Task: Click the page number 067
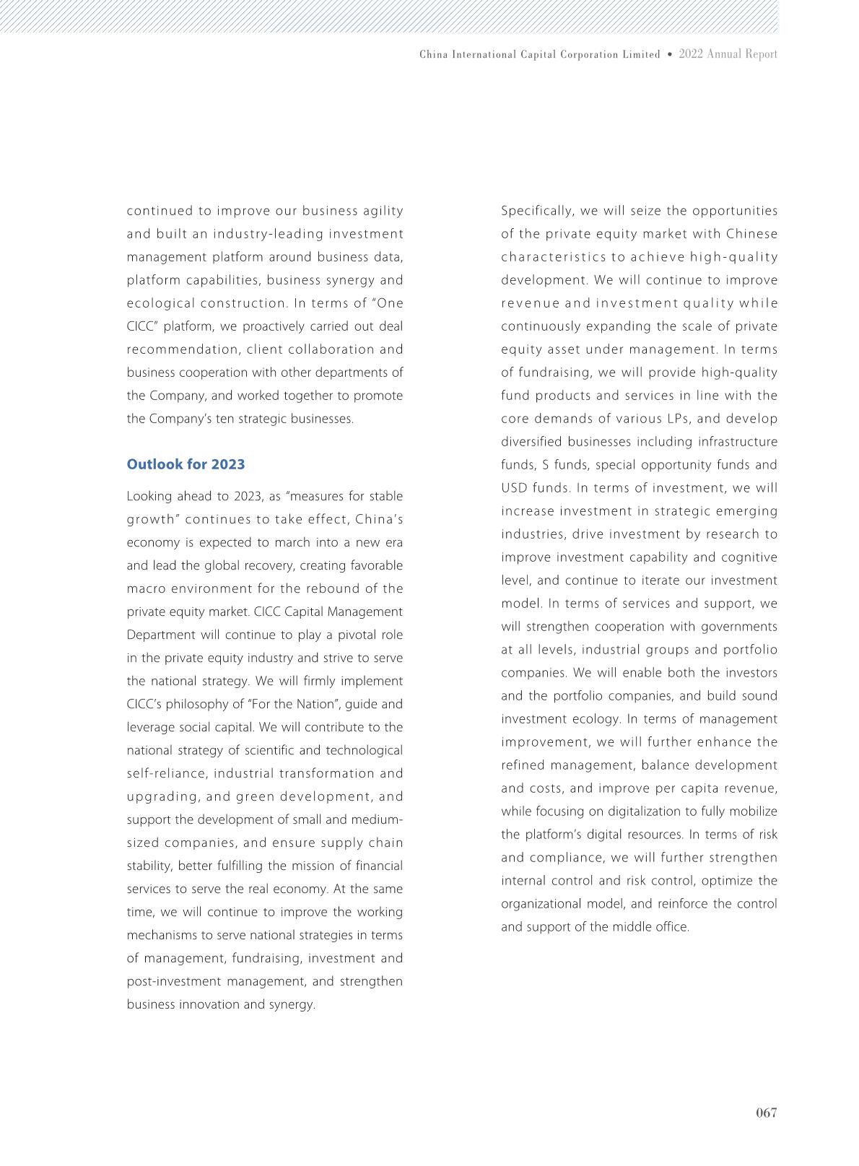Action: tap(766, 1113)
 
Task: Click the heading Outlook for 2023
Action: tap(186, 464)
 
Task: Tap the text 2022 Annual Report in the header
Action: tap(728, 54)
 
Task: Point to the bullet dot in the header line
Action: tap(670, 54)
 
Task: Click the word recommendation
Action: tap(183, 349)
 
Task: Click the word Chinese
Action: tap(751, 234)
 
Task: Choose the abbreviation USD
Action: tap(515, 488)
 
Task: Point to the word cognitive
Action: tap(749, 557)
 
